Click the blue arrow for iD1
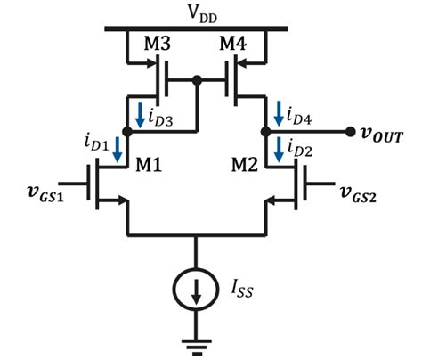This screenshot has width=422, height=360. point(117,152)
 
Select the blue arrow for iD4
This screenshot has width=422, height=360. point(280,113)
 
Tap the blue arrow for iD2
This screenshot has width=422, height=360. point(280,150)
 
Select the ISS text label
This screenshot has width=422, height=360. point(238,289)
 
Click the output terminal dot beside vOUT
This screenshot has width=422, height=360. point(350,132)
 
